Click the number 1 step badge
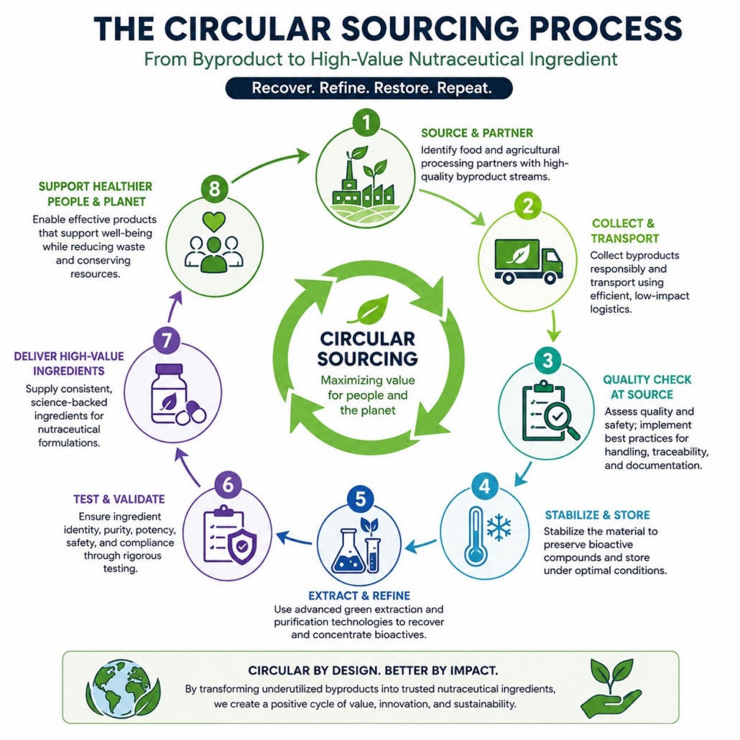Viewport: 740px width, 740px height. [366, 123]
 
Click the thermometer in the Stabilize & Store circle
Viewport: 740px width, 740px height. [475, 536]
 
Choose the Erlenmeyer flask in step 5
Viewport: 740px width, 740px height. [348, 550]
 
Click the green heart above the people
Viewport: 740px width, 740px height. [214, 221]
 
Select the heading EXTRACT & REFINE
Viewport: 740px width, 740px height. [359, 596]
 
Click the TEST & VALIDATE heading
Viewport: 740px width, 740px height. [119, 499]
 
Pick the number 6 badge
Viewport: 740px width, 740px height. [228, 485]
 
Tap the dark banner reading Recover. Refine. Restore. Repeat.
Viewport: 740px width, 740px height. [369, 88]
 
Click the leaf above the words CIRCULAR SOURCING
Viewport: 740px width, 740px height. [369, 310]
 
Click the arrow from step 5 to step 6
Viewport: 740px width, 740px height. [294, 538]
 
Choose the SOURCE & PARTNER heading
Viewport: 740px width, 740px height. [477, 133]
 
